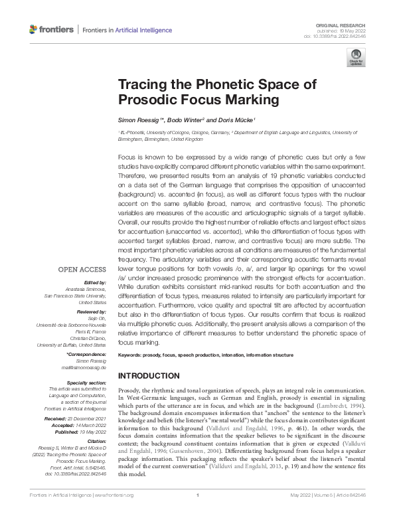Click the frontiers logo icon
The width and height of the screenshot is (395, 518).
pyautogui.click(x=35, y=29)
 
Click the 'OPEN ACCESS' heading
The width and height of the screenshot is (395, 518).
pyautogui.click(x=83, y=270)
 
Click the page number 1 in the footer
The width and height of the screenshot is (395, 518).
pyautogui.click(x=198, y=513)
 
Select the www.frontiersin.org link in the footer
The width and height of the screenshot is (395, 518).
pyautogui.click(x=112, y=513)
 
